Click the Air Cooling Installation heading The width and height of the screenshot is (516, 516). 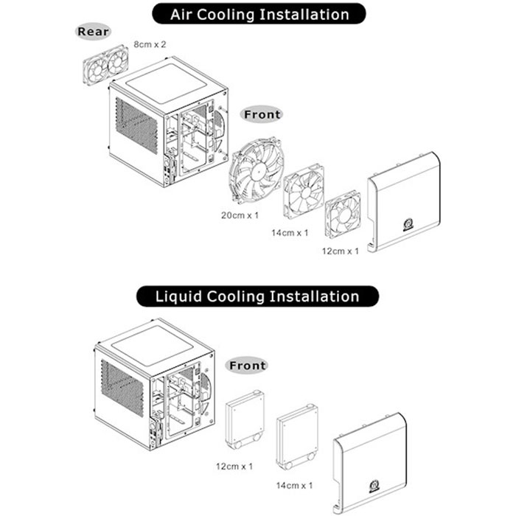click(259, 14)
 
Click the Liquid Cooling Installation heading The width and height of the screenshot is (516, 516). click(257, 296)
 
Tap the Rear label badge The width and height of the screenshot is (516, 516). click(93, 32)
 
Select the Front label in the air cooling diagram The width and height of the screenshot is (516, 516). click(262, 114)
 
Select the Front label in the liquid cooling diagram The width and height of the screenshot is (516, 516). click(247, 366)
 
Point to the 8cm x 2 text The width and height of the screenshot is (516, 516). click(150, 44)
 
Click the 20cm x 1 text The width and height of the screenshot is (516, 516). click(240, 215)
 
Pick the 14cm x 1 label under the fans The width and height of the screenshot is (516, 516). click(290, 233)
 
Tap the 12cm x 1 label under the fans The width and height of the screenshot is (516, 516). click(340, 251)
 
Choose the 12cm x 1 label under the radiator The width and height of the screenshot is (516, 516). click(234, 467)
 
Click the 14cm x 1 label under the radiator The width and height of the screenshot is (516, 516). click(294, 485)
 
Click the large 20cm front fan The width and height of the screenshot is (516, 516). click(256, 170)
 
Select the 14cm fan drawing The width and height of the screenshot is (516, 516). click(304, 192)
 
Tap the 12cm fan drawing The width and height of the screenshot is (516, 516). click(343, 215)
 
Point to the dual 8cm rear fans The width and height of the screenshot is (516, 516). click(105, 65)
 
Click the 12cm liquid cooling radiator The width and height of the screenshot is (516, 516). click(245, 419)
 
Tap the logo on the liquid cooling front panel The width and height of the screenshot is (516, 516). click(374, 487)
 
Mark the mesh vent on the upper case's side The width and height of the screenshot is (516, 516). click(136, 126)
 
